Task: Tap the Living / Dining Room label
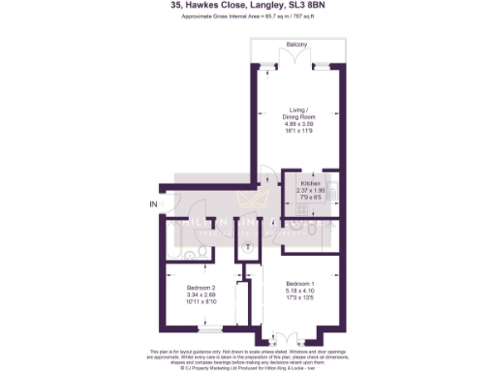coord(298,113)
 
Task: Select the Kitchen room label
coord(310,183)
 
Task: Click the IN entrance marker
coord(152,204)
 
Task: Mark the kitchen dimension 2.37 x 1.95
coord(310,191)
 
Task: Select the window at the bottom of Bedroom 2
coord(201,334)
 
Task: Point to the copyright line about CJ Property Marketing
coord(248,366)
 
